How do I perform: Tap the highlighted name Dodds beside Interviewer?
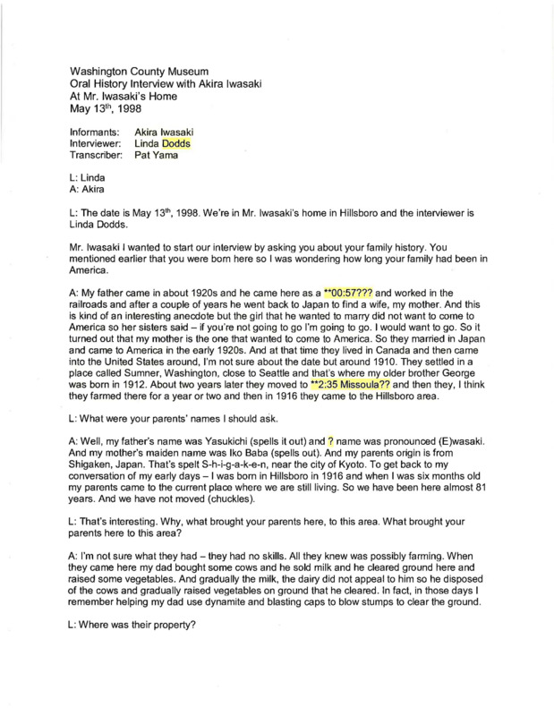click(x=176, y=143)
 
